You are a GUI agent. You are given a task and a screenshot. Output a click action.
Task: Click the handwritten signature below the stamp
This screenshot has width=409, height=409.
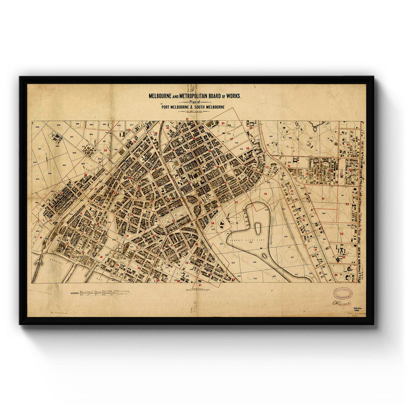341,303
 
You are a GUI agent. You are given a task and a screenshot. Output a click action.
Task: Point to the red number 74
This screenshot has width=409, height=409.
265,194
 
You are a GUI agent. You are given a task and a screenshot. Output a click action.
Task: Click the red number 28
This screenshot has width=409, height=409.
105,150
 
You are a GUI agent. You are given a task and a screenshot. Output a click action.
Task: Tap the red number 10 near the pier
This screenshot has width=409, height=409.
41,238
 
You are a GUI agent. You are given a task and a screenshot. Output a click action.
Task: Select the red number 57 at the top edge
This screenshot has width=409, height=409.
187,119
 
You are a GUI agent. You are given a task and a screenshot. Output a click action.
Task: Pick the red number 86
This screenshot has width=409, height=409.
336,275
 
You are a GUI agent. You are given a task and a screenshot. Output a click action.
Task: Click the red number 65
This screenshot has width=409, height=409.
223,123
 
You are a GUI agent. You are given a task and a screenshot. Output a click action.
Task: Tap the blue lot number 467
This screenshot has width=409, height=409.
64,165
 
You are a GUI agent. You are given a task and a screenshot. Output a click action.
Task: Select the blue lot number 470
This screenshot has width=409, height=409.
58,125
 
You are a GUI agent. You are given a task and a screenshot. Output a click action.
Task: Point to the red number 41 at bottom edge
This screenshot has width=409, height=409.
200,285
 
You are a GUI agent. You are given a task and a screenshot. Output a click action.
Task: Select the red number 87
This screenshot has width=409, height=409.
348,145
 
